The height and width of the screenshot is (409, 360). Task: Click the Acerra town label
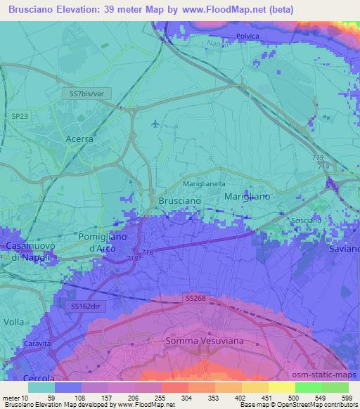[x=79, y=138]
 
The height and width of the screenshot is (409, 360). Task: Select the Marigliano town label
[x=247, y=197]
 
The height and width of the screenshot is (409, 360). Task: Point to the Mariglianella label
[x=204, y=183]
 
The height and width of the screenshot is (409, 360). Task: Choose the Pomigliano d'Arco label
[x=103, y=242]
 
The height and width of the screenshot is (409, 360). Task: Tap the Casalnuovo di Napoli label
[x=26, y=252]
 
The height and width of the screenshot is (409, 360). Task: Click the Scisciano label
[x=305, y=221]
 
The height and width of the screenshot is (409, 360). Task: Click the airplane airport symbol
[x=155, y=125]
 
